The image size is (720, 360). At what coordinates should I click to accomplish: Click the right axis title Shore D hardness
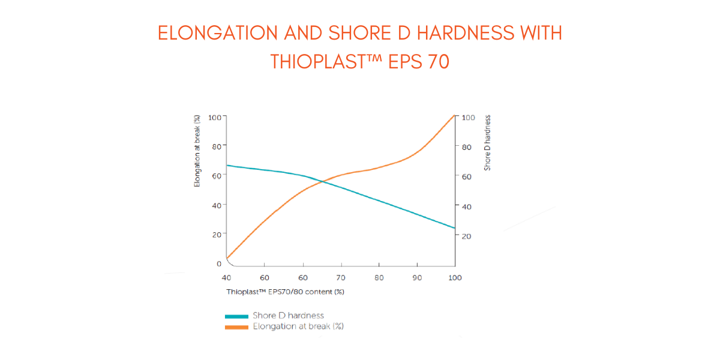(487, 143)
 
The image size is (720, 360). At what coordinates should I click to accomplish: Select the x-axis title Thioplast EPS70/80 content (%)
(285, 292)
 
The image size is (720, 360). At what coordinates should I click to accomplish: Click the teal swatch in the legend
(236, 316)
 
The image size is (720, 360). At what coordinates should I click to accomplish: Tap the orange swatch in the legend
(236, 327)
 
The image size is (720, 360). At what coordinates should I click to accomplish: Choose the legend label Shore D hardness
(289, 316)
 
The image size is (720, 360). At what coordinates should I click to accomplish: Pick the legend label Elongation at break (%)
(298, 326)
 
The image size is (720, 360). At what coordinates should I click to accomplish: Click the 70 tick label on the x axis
(341, 278)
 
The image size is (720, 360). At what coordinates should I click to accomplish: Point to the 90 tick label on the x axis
(417, 278)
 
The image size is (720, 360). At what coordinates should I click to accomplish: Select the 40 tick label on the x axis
(226, 278)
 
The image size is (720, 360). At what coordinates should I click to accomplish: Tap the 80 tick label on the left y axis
(215, 146)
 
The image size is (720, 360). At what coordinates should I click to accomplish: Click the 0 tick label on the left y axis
(218, 263)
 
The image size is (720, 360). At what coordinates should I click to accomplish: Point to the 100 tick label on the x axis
(455, 278)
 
